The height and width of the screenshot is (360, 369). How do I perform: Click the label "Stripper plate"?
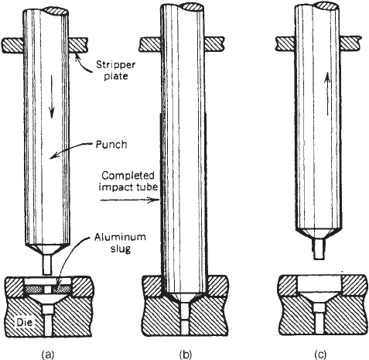116,70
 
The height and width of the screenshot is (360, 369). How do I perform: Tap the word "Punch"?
111,145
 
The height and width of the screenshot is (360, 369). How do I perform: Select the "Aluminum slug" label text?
120,243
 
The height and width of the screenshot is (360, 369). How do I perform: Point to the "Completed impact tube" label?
128,181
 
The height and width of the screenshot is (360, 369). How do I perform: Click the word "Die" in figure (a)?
25,322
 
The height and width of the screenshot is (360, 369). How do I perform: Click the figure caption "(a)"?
48,354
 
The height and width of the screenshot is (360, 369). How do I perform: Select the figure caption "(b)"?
186,354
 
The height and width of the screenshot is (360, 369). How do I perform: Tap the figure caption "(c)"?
320,354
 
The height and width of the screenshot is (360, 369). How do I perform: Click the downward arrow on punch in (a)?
52,96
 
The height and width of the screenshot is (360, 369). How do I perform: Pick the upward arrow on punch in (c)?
327,94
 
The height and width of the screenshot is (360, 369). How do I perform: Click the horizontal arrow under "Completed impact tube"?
128,200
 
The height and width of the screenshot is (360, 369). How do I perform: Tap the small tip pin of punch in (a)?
47,265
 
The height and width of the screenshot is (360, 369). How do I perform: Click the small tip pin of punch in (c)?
319,249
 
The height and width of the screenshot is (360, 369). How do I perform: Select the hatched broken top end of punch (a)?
56,10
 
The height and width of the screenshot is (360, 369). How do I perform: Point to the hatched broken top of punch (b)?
192,7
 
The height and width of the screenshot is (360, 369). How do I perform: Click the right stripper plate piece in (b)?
214,44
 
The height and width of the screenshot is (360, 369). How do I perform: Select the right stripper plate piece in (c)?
350,43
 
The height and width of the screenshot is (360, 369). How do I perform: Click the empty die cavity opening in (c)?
319,283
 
